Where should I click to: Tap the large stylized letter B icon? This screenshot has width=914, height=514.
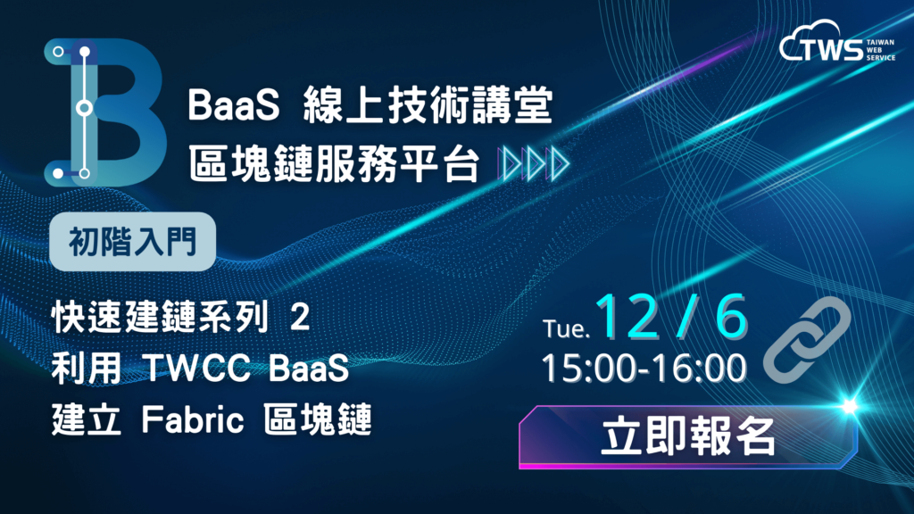click(105, 112)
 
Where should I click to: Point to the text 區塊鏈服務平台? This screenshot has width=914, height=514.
click(334, 164)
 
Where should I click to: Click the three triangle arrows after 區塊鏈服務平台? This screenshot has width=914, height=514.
click(534, 164)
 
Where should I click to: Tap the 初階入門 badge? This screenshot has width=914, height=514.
click(133, 242)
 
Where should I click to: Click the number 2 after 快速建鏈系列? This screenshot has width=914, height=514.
click(300, 319)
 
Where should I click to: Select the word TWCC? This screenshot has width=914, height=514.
click(196, 369)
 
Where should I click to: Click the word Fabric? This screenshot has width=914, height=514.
click(193, 419)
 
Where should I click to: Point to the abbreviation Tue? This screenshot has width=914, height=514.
click(566, 328)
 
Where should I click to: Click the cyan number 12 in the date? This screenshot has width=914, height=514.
click(627, 317)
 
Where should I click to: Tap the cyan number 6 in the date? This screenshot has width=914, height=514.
click(731, 317)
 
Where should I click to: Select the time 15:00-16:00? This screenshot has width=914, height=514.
click(644, 369)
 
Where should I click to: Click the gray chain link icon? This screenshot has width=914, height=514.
click(807, 340)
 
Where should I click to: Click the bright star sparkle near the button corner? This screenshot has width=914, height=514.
click(849, 405)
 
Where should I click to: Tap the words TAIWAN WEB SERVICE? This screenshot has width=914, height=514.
click(880, 50)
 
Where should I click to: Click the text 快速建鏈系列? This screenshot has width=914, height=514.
click(161, 319)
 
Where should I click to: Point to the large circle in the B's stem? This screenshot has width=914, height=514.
click(85, 108)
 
